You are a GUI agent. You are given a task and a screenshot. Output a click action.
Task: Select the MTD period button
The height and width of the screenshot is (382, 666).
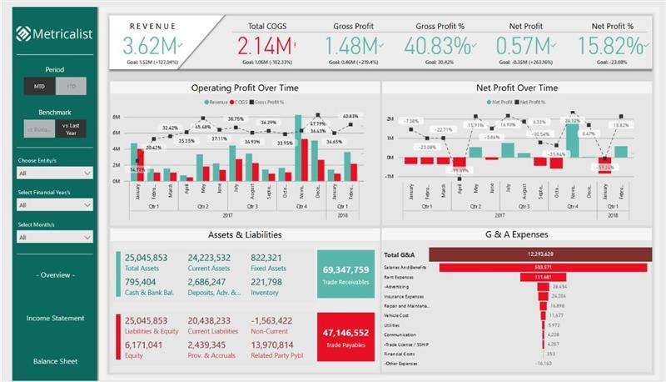pos(38,85)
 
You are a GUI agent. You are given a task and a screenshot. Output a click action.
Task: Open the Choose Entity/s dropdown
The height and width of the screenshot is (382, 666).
pos(55,173)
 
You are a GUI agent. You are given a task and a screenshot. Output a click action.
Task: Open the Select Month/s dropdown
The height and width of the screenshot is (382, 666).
pos(55,237)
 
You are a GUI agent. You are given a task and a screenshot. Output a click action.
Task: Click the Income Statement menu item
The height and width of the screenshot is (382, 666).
pos(55,318)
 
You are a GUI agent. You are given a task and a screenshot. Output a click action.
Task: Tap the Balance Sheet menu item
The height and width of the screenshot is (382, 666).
pos(55,361)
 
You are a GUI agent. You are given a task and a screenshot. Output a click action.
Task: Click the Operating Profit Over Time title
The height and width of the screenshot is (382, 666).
pos(245,88)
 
